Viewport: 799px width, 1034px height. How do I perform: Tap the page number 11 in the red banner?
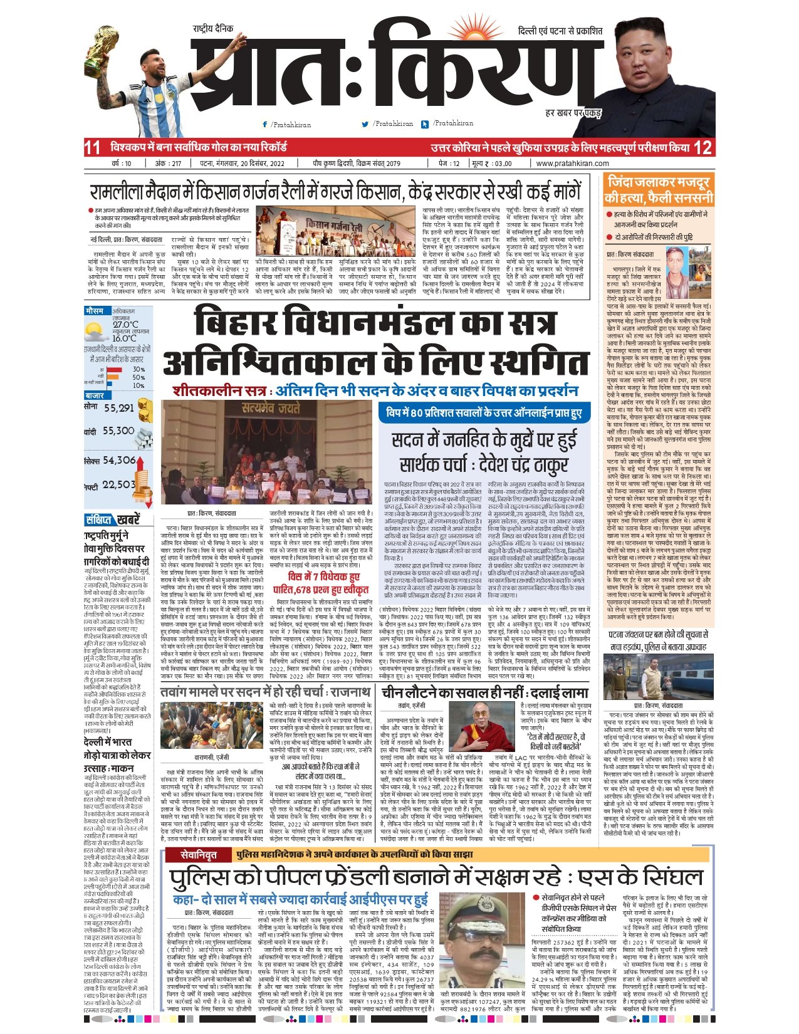(92, 148)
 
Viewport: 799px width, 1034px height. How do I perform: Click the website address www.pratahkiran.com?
(572, 164)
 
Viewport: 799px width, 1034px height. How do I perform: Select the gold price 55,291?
(119, 408)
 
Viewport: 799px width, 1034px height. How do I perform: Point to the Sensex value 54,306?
(120, 460)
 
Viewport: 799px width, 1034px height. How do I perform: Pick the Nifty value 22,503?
(119, 484)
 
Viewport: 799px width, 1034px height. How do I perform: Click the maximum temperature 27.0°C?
(125, 325)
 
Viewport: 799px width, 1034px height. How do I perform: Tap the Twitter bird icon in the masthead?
(365, 124)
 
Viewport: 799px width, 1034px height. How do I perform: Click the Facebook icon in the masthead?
(265, 125)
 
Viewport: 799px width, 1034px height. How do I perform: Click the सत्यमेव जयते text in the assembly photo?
(271, 409)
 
